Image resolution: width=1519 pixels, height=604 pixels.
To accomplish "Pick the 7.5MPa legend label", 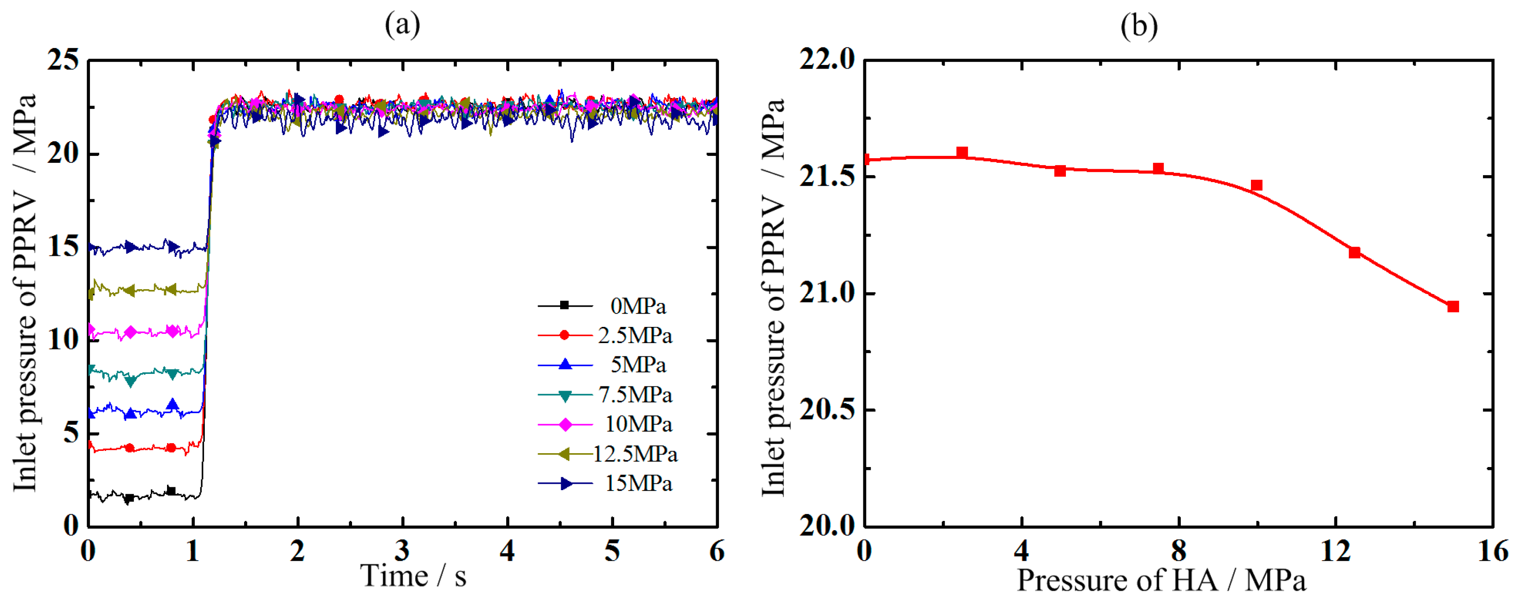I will tap(635, 395).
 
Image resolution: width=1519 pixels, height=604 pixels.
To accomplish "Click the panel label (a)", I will tap(402, 25).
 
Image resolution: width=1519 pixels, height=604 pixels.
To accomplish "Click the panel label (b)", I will tap(1139, 26).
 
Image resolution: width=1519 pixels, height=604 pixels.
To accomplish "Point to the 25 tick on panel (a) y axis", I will tap(63, 59).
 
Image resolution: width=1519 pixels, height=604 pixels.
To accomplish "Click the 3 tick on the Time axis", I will tap(402, 551).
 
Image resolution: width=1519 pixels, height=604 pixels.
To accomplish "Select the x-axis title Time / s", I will tap(413, 576).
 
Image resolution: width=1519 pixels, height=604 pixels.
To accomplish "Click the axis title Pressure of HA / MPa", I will tap(1161, 580).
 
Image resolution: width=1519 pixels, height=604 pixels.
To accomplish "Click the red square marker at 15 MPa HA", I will tap(1453, 307).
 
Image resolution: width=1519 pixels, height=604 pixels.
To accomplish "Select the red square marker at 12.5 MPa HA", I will tap(1354, 252).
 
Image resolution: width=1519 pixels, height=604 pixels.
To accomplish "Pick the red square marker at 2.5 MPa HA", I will tap(962, 153).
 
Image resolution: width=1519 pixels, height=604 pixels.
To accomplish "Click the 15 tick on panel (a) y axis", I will tap(63, 246).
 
